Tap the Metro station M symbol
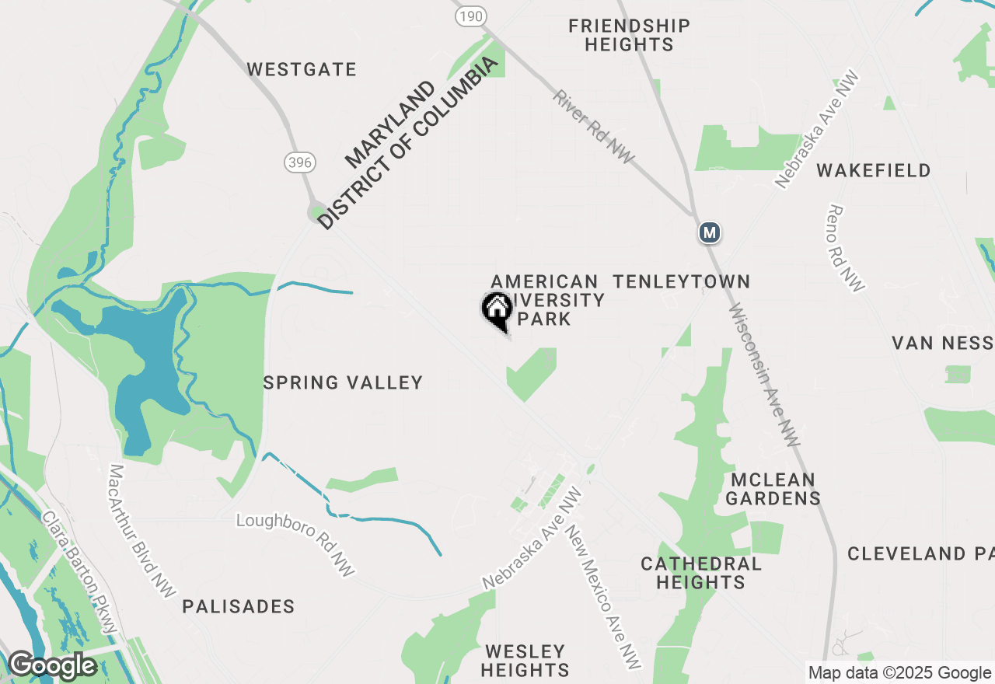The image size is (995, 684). coord(709,232)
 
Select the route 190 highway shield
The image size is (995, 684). coord(470,16)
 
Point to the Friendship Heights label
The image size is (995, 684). coord(629,36)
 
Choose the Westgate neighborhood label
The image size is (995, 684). coord(302,70)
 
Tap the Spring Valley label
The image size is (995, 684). coord(343,382)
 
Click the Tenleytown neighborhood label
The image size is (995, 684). coord(682,281)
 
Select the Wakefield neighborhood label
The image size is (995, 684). coord(874,171)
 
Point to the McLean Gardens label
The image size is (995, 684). coord(773,489)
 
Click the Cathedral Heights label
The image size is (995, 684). coord(701,573)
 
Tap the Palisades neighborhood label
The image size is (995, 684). coord(239,607)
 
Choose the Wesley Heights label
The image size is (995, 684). coord(525,660)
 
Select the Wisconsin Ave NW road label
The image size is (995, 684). coord(764,375)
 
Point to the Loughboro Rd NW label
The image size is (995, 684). coord(295,544)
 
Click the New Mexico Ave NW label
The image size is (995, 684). coord(603,597)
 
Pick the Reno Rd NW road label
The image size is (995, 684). coord(846,248)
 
